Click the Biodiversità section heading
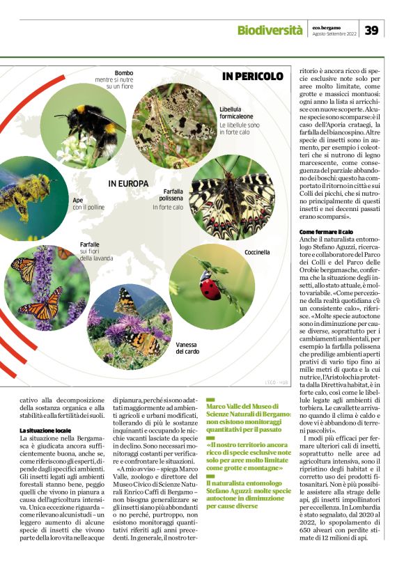pyautogui.click(x=269, y=30)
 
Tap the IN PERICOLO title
pyautogui.click(x=253, y=76)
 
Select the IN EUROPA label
pyautogui.click(x=128, y=184)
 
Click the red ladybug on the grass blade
pyautogui.click(x=210, y=286)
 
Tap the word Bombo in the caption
pyautogui.click(x=124, y=73)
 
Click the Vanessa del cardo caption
pyautogui.click(x=188, y=348)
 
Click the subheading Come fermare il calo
pyautogui.click(x=326, y=232)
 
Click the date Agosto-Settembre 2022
pyautogui.click(x=334, y=33)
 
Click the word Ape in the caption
pyautogui.click(x=77, y=200)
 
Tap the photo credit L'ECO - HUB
pyautogui.click(x=276, y=382)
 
